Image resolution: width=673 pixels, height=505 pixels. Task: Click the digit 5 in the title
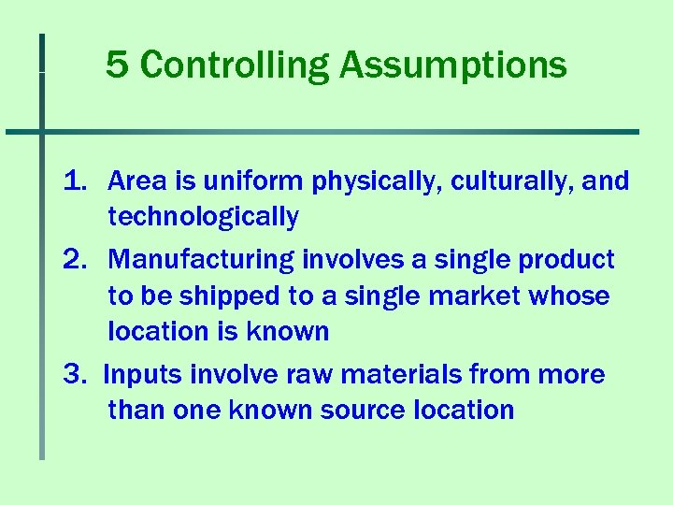pyautogui.click(x=116, y=65)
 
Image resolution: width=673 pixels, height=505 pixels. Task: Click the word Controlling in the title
pyautogui.click(x=235, y=65)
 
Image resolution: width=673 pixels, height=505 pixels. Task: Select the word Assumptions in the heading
pyautogui.click(x=453, y=65)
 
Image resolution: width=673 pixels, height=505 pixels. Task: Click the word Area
pyautogui.click(x=136, y=181)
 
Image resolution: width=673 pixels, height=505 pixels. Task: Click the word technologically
pyautogui.click(x=203, y=218)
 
